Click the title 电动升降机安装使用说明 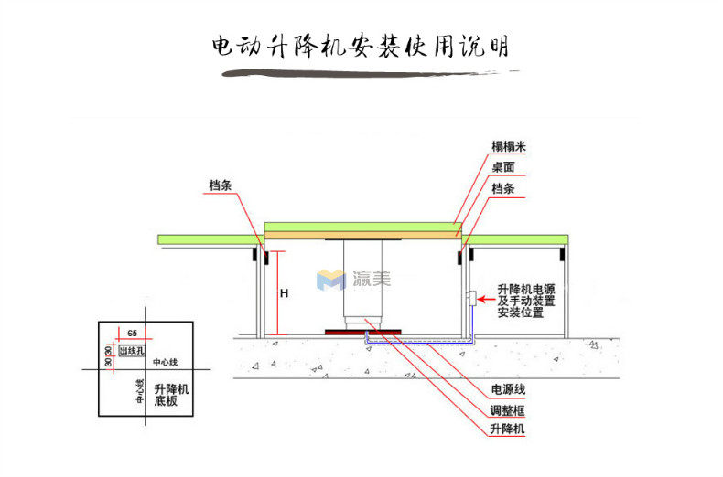pyautogui.click(x=361, y=47)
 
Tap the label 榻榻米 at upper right pyautogui.click(x=508, y=147)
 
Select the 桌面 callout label pyautogui.click(x=502, y=168)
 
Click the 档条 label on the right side pyautogui.click(x=502, y=188)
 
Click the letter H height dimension pyautogui.click(x=285, y=293)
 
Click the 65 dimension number pyautogui.click(x=133, y=334)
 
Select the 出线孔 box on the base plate pyautogui.click(x=132, y=350)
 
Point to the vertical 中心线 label pyautogui.click(x=139, y=392)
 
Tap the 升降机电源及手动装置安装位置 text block pyautogui.click(x=526, y=300)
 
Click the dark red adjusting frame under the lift pyautogui.click(x=360, y=331)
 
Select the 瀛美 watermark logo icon pyautogui.click(x=328, y=280)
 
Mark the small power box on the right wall pyautogui.click(x=469, y=298)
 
